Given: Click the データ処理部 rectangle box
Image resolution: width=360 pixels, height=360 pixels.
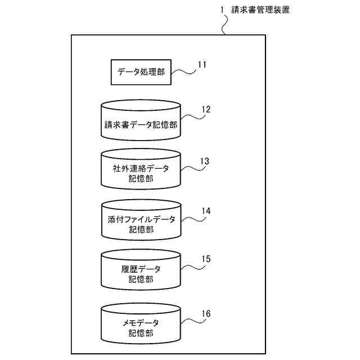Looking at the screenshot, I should point(141,72).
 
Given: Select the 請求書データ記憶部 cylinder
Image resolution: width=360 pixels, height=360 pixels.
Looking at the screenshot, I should point(141,120).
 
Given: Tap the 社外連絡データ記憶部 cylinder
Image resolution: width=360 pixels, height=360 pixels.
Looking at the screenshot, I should point(141,170).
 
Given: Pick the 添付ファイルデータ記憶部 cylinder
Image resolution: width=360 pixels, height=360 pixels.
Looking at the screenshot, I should point(141,220).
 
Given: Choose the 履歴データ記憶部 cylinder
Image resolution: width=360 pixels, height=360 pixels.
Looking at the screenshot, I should point(141,271).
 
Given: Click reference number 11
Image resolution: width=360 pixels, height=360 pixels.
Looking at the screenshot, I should point(202,64).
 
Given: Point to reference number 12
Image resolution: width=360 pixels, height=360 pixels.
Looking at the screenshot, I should point(205,110).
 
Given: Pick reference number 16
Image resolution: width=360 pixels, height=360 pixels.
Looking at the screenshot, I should point(205,312).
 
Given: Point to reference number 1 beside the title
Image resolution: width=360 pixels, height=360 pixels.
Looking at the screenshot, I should point(222,10).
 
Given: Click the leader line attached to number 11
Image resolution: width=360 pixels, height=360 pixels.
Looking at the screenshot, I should point(183,70).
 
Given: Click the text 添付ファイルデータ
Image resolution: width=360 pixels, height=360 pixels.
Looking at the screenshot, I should point(141,219).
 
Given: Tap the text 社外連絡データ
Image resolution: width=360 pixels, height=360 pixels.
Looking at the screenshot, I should point(141,169).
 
